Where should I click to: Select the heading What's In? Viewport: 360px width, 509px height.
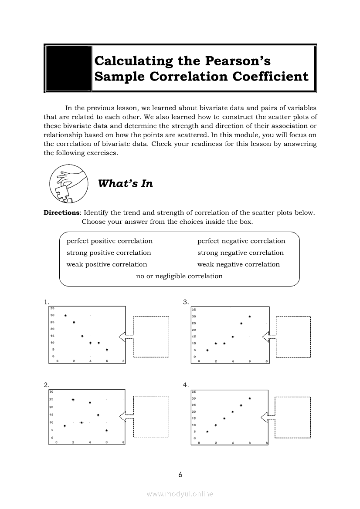[126, 184]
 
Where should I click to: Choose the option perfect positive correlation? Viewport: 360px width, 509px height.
[109, 241]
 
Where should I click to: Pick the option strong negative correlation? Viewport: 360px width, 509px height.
[240, 253]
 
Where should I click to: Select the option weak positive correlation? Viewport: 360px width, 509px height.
[107, 264]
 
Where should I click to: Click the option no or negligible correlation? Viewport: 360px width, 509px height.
[179, 276]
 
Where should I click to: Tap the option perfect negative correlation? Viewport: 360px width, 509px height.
[241, 241]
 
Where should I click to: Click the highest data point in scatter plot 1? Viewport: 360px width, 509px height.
[65, 315]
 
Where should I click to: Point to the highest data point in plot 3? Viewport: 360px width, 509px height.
[250, 317]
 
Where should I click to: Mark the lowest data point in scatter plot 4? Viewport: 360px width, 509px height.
[207, 431]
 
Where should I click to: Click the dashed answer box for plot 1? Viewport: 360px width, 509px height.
[151, 337]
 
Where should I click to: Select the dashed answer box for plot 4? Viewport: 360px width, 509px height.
[293, 417]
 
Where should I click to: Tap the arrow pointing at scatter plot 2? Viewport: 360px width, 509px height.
[126, 417]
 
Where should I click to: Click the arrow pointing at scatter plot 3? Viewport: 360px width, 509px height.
[268, 336]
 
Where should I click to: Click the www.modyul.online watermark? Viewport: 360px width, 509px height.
[180, 494]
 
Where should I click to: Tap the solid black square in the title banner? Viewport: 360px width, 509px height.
[68, 68]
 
